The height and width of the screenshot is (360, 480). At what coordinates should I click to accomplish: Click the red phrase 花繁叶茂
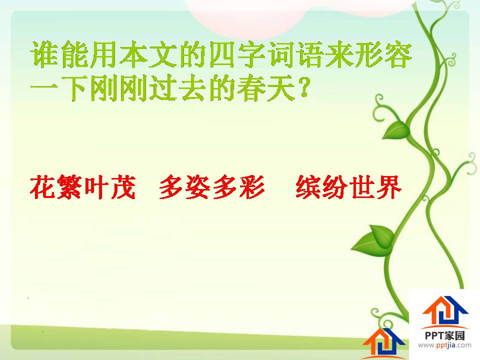coord(82,187)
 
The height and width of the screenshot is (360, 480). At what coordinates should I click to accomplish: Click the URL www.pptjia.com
coord(444,345)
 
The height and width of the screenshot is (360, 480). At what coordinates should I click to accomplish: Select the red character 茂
coord(123,187)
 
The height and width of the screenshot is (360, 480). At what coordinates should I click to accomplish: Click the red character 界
coord(389,187)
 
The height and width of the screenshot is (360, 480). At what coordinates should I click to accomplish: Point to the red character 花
coord(42,187)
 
